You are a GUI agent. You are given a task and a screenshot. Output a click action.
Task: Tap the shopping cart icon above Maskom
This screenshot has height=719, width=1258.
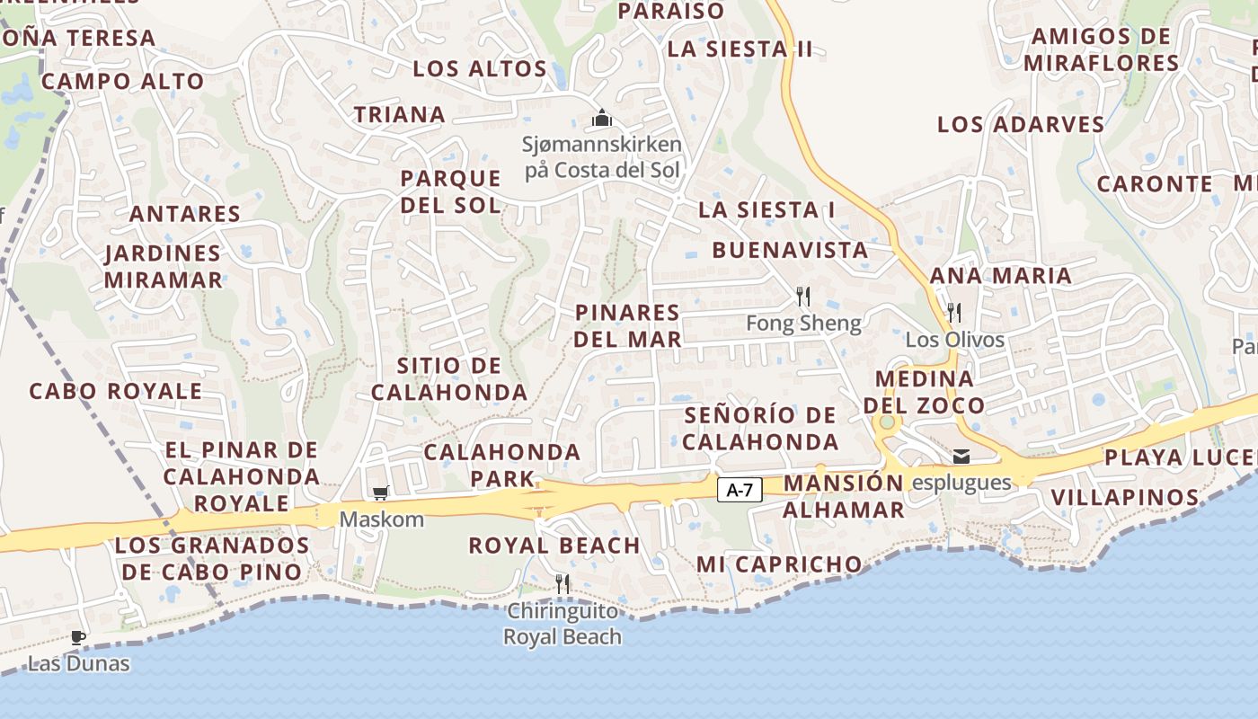[380, 493]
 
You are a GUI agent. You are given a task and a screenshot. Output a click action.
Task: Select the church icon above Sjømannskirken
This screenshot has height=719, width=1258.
[601, 118]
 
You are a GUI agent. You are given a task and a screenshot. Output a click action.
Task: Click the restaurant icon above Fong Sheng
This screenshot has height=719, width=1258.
[803, 296]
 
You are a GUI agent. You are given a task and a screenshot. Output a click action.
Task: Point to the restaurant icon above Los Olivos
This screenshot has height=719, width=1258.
[954, 313]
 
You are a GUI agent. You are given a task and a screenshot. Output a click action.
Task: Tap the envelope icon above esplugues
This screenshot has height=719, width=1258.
[961, 457]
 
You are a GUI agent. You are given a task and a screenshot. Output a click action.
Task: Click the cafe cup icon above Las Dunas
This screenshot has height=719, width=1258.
[78, 638]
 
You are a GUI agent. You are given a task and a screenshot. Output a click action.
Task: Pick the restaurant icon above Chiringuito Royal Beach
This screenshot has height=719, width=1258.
[563, 584]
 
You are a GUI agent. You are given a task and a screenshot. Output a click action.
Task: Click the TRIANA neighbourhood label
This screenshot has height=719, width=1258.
[400, 115]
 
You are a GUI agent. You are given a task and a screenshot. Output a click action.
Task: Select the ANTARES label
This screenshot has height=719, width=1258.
[185, 214]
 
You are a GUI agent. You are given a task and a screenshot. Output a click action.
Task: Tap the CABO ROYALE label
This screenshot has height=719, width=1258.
[116, 392]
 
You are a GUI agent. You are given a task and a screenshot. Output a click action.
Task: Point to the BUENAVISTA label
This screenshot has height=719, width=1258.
[791, 250]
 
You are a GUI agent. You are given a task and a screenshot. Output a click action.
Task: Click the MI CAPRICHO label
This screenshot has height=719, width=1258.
[779, 564]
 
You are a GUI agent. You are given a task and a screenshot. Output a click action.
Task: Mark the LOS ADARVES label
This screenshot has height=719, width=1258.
[1021, 124]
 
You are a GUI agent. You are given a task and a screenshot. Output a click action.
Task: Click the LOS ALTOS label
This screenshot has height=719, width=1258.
[480, 68]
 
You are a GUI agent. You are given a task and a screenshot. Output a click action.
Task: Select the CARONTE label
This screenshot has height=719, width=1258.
[1155, 183]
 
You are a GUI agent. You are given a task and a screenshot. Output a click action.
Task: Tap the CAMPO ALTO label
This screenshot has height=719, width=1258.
[123, 81]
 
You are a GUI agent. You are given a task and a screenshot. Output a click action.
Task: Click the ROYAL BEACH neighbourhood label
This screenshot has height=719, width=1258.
[554, 546]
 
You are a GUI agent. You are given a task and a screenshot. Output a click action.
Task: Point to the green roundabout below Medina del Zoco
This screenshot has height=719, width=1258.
[888, 422]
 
